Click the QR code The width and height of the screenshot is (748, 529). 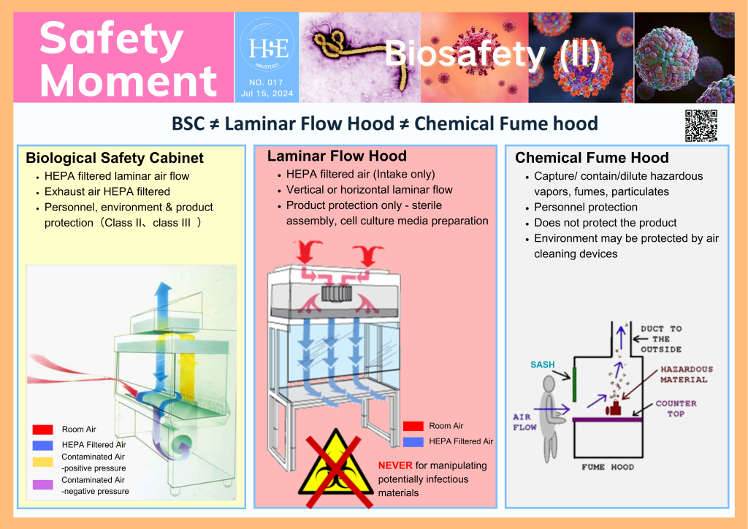click(x=701, y=125)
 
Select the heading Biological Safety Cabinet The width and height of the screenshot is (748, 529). click(x=114, y=159)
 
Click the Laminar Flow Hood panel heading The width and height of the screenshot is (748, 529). click(x=337, y=156)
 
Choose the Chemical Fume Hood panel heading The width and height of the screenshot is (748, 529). click(x=592, y=158)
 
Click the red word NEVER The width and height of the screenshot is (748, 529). click(x=395, y=465)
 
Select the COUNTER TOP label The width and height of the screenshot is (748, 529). click(x=676, y=408)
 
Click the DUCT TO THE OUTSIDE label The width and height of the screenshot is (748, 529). click(x=661, y=338)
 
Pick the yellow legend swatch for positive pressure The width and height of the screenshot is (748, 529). click(x=43, y=462)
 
